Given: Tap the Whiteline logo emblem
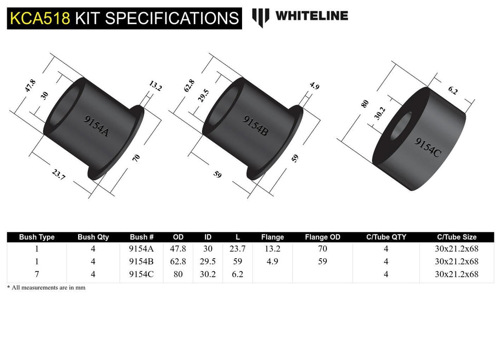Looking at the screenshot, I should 261,17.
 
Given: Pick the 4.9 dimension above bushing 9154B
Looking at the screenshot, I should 315,86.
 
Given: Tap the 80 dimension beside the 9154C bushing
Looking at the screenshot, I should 365,104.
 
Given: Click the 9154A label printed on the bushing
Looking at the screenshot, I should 96,125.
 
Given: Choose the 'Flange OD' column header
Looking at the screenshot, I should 322,237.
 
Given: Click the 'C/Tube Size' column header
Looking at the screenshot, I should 456,237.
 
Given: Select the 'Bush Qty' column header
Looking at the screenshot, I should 93,237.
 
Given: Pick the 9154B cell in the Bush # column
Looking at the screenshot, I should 142,261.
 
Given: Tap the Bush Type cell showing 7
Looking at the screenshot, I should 37,274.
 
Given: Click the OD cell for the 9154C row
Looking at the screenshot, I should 178,274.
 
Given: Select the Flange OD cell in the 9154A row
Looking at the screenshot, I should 322,248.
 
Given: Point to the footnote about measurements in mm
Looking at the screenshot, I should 46,287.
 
